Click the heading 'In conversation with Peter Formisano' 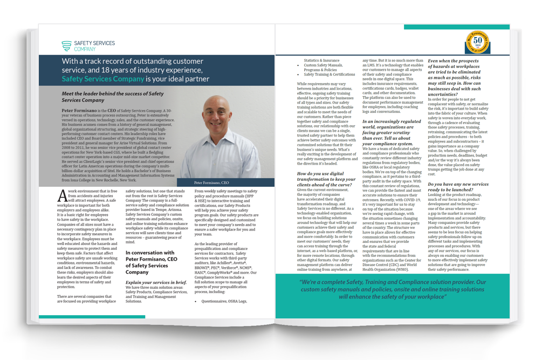[x=150, y=262]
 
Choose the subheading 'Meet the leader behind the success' [x=113, y=97]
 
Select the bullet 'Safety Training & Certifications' [x=329, y=74]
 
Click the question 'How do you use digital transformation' [x=327, y=179]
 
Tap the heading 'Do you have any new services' [x=458, y=187]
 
